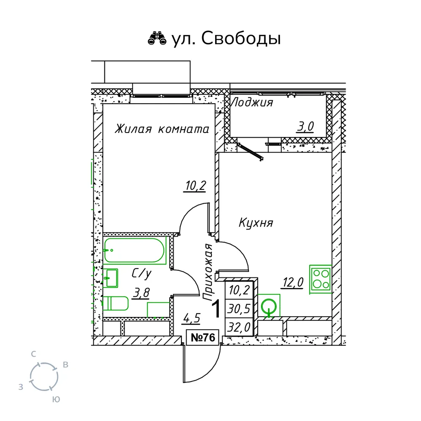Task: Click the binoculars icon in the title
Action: (x=157, y=38)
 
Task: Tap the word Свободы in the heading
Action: (x=241, y=38)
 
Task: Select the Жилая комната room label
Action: (x=162, y=129)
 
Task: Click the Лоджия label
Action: (x=252, y=103)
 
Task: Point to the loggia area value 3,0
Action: (x=305, y=126)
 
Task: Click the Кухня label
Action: (x=256, y=223)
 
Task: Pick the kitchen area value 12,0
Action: (x=293, y=282)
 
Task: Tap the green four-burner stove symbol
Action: (x=320, y=280)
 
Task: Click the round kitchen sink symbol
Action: (x=269, y=306)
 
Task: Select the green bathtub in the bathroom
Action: (x=134, y=250)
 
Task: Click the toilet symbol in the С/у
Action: (x=116, y=304)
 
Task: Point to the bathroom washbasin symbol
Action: (x=111, y=278)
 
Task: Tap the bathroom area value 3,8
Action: (x=141, y=293)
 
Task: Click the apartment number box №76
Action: (x=203, y=338)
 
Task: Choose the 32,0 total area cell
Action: (x=239, y=327)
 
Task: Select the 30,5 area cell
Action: (x=239, y=309)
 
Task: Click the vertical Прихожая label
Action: (x=208, y=272)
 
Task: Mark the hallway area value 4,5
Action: (x=192, y=319)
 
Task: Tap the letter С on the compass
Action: (x=33, y=354)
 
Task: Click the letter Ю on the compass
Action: (x=56, y=400)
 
